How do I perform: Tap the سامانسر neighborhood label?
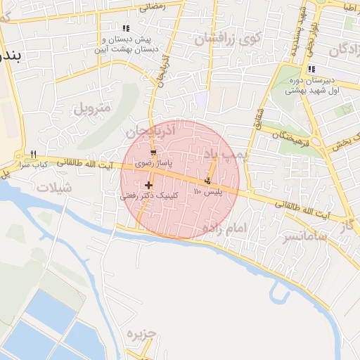pos(306,236)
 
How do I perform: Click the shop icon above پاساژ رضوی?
pos(154,153)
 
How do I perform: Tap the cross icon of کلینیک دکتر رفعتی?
pos(149,186)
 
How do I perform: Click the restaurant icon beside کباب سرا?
pos(33,155)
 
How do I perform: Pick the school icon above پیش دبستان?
pos(126,28)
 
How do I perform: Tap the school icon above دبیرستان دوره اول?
pos(311,69)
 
